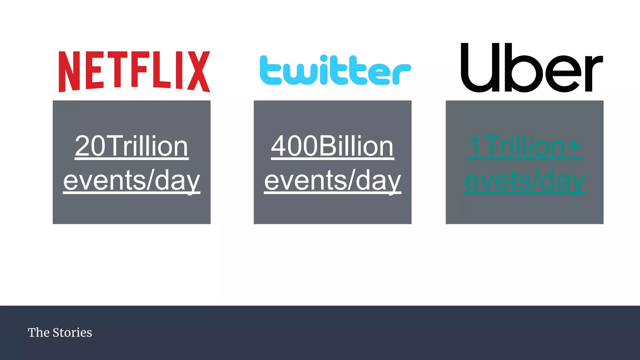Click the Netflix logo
tap(134, 72)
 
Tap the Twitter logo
tap(335, 70)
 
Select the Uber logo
tap(532, 68)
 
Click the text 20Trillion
tap(132, 146)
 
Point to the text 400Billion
tap(332, 146)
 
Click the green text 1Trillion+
tap(524, 146)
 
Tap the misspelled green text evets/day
tap(524, 181)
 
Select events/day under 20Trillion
tap(132, 181)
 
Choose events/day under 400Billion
tap(332, 181)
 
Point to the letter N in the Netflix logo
tap(66, 72)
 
